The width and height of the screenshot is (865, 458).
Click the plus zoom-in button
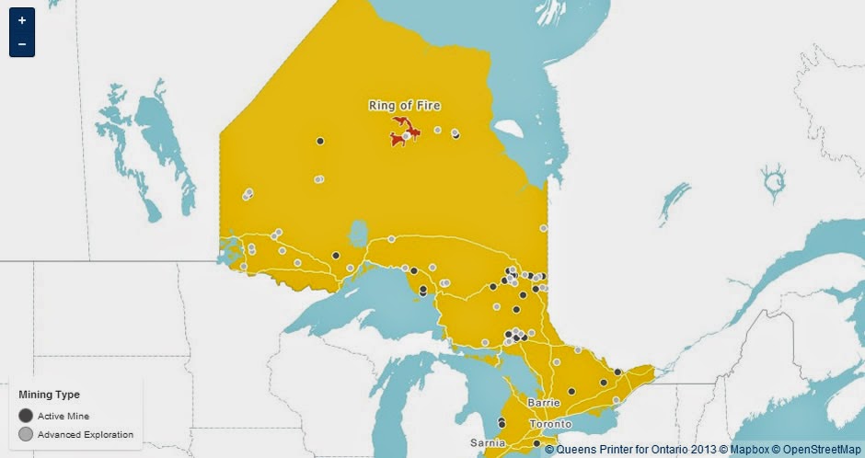coord(21,19)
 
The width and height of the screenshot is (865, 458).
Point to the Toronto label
coord(550,424)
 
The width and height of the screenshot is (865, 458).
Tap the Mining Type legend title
coord(49,395)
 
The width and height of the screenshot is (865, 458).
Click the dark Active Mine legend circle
coord(26,416)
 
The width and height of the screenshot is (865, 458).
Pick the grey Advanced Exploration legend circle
coord(26,434)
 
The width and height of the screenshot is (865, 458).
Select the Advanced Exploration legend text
coord(86,434)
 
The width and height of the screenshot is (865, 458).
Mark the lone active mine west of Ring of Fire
coord(320,141)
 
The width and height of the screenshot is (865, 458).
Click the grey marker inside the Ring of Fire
coord(406,136)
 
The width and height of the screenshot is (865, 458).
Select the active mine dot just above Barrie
coord(571,391)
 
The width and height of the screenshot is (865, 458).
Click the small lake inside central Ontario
coord(358,233)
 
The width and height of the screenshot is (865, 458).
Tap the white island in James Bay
coord(506,128)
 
